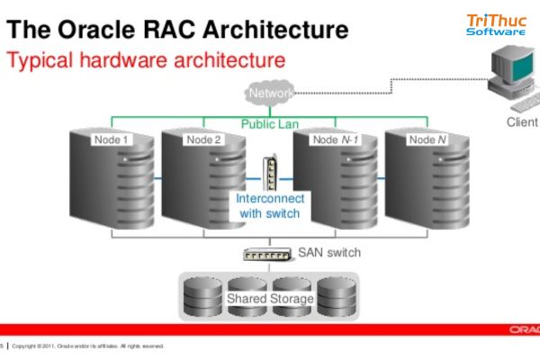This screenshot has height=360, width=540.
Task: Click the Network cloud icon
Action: [269, 93]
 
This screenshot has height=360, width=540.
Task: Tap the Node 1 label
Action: [112, 139]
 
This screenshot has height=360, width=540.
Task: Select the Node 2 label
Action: [203, 139]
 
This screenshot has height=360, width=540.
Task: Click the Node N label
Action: [427, 139]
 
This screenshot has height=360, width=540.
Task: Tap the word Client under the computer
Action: [522, 121]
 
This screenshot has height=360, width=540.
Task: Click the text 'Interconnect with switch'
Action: [270, 206]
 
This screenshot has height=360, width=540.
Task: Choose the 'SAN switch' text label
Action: [329, 253]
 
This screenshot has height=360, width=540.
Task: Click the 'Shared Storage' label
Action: [270, 298]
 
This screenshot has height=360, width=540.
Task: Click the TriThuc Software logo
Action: [496, 24]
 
